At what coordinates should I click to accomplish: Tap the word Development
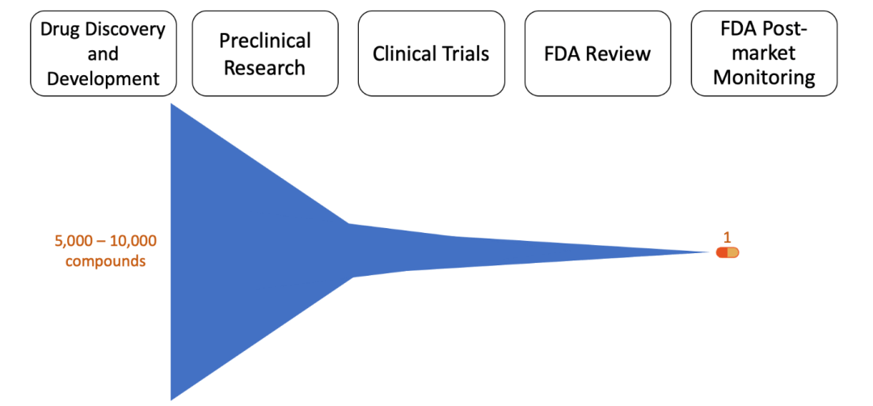pos(103,78)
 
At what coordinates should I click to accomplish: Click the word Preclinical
pos(265,40)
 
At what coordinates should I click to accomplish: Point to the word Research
pos(265,67)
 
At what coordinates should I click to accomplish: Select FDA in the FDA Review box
pos(563,54)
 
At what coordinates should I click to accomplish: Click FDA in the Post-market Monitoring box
pos(737,30)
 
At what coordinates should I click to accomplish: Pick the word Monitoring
pos(764,78)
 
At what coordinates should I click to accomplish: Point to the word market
pos(764,54)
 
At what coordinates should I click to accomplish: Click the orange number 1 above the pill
pos(727,237)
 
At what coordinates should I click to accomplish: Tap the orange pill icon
pos(727,252)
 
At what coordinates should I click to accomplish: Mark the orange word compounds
pos(106,261)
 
